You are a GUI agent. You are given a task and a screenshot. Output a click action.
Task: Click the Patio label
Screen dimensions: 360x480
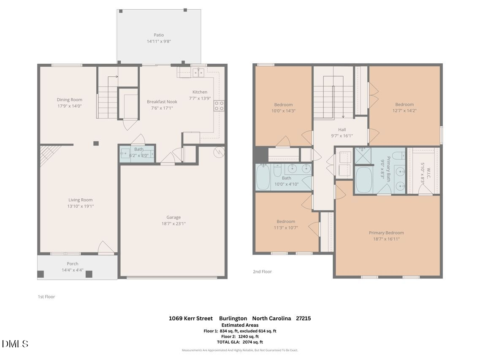tap(159, 35)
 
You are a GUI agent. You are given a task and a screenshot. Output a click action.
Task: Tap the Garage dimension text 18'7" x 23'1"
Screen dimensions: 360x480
tap(173, 224)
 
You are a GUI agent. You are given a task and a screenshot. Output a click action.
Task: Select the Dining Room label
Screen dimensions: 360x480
tap(70, 100)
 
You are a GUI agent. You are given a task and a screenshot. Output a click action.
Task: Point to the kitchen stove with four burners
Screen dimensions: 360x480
tap(219, 106)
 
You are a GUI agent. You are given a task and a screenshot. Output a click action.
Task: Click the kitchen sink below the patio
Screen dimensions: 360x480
tap(198, 73)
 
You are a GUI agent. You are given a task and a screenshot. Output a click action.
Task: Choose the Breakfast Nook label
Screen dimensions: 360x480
tap(162, 102)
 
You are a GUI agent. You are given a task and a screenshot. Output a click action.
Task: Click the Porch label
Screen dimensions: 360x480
tap(73, 264)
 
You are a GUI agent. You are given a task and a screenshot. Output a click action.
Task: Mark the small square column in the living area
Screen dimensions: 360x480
tap(96, 143)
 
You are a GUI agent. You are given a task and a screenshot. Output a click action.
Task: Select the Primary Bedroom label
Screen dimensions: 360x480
tap(386, 233)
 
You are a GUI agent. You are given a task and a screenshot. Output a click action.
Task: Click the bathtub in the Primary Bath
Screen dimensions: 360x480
tap(363, 180)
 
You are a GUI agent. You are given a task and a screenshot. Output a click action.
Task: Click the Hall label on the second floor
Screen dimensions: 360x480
tap(342, 130)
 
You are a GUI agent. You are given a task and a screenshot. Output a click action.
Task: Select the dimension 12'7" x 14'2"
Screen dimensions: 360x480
tap(404, 111)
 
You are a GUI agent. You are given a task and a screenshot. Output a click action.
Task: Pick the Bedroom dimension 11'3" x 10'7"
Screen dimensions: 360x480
tap(286, 228)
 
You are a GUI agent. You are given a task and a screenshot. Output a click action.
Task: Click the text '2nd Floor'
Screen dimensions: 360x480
tap(262, 272)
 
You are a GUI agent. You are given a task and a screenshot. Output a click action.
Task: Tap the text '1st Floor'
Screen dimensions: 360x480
tap(46, 297)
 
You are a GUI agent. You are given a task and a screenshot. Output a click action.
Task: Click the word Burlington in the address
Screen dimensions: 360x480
tap(233, 318)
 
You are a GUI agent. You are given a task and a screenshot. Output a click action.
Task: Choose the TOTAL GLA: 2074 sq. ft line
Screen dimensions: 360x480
tap(240, 342)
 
